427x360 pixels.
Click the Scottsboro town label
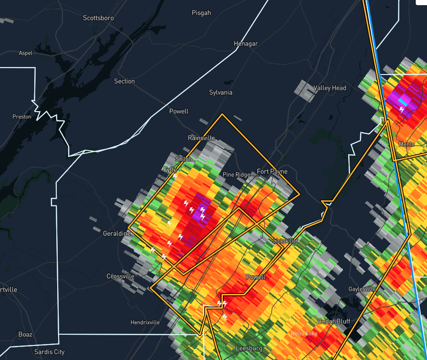point(98,18)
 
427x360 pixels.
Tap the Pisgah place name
point(201,13)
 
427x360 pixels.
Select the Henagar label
point(246,44)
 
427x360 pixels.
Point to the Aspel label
point(25,53)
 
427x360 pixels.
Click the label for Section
point(124,81)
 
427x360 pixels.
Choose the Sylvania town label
point(221,92)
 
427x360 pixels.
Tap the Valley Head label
point(329,88)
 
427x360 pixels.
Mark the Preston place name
point(22,117)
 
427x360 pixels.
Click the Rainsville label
point(201,138)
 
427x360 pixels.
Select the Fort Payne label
point(272,172)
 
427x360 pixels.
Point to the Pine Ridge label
point(236,175)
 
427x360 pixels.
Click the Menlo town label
point(406,144)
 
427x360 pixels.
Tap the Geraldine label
point(117,233)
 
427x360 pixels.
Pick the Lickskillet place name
point(286,240)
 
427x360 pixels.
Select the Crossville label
point(121,276)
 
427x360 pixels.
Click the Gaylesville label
point(363,289)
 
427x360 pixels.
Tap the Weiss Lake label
point(304,333)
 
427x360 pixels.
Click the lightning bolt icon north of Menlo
point(402,109)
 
